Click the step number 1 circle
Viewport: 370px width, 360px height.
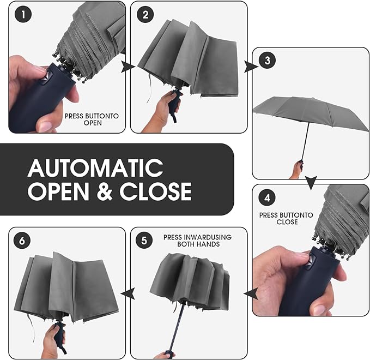coord(23,15)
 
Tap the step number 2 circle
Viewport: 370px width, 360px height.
coord(145,15)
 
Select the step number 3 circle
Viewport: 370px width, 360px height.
coord(267,60)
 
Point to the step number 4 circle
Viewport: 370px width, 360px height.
coord(267,197)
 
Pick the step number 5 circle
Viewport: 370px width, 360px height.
coord(144,241)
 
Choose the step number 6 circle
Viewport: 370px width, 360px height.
coord(22,241)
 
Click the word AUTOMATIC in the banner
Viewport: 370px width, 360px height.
coord(95,168)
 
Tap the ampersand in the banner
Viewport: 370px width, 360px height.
coord(105,191)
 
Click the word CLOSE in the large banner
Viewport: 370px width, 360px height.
coord(155,191)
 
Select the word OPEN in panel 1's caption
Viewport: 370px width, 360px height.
coord(93,123)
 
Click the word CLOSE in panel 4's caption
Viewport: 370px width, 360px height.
coord(287,222)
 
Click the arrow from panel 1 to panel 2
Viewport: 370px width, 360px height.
coord(128,67)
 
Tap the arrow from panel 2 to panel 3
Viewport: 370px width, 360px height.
coord(250,67)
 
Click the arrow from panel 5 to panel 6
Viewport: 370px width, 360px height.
coord(128,293)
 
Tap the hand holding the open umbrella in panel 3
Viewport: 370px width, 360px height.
coord(297,170)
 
